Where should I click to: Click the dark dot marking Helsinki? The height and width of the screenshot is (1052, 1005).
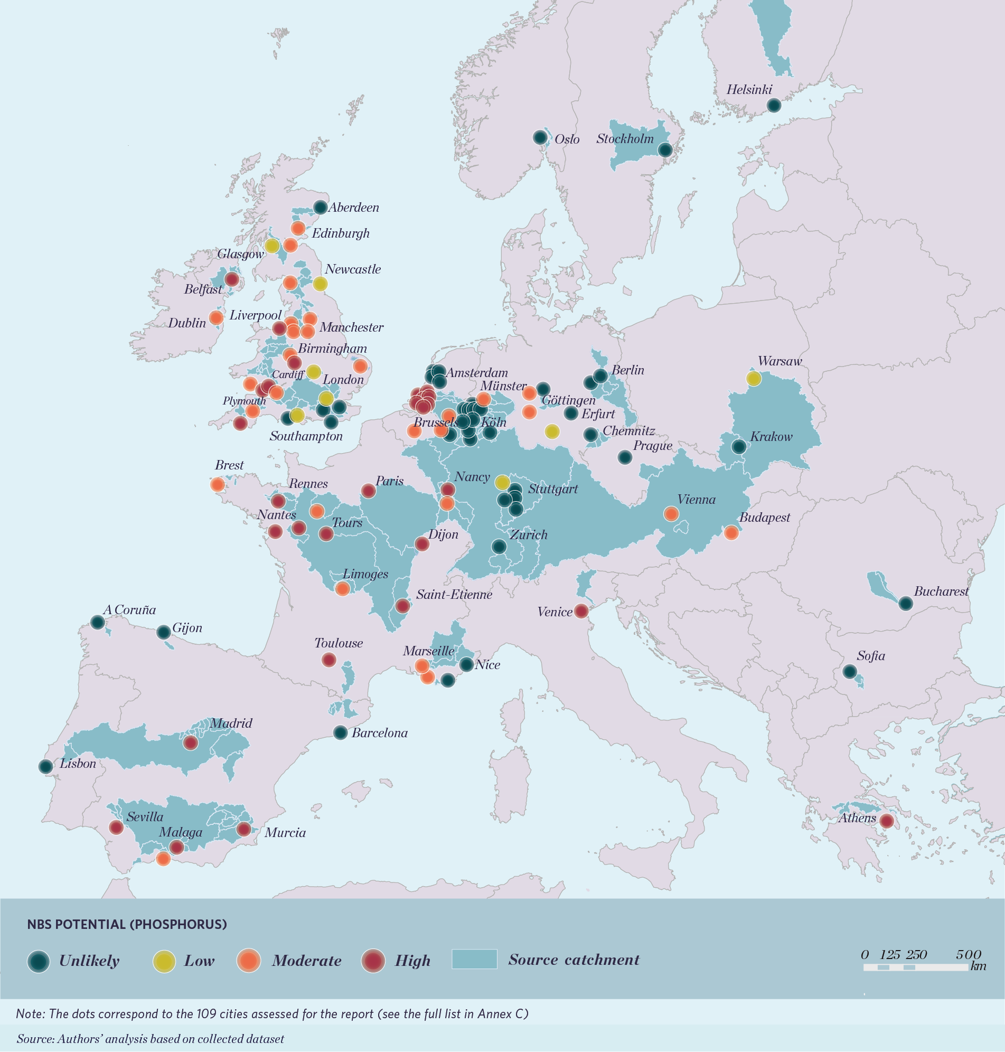pyautogui.click(x=773, y=106)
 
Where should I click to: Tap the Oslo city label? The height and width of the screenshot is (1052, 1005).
pyautogui.click(x=567, y=139)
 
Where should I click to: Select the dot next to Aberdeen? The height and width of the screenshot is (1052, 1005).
pyautogui.click(x=320, y=208)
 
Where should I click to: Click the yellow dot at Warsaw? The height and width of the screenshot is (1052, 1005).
pyautogui.click(x=753, y=379)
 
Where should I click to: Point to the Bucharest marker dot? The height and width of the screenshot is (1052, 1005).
pyautogui.click(x=905, y=604)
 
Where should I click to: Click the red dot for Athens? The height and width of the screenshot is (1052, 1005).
pyautogui.click(x=887, y=821)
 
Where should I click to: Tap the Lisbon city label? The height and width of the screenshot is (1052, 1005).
pyautogui.click(x=78, y=764)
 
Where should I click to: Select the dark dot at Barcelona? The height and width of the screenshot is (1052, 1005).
pyautogui.click(x=340, y=732)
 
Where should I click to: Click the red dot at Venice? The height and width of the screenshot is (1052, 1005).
pyautogui.click(x=581, y=610)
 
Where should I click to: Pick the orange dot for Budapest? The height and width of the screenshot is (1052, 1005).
pyautogui.click(x=731, y=532)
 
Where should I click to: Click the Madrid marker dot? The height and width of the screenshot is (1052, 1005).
pyautogui.click(x=191, y=743)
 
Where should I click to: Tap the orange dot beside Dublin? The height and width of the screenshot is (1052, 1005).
pyautogui.click(x=216, y=317)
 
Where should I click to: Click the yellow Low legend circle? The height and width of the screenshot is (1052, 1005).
pyautogui.click(x=164, y=961)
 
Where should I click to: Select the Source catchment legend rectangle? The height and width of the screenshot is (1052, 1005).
pyautogui.click(x=474, y=960)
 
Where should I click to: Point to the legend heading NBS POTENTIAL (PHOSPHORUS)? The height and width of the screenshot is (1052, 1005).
pyautogui.click(x=127, y=925)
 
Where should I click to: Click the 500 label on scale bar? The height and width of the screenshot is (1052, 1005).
pyautogui.click(x=968, y=954)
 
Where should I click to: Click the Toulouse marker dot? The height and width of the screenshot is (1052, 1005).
pyautogui.click(x=328, y=660)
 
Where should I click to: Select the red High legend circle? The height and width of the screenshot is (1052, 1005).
pyautogui.click(x=373, y=961)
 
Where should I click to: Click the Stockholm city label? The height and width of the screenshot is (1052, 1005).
pyautogui.click(x=625, y=139)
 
